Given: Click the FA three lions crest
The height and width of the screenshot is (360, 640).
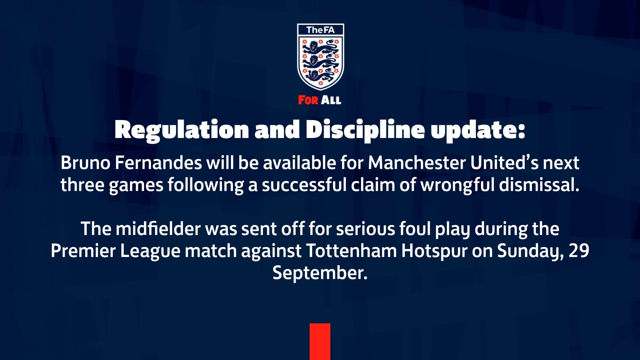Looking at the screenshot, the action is [x=320, y=57].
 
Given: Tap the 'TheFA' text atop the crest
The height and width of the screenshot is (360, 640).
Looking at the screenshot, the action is [x=320, y=30].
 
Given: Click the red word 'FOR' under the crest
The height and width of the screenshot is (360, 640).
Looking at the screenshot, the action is [x=308, y=100].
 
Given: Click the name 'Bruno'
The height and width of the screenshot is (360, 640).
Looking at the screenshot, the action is [x=85, y=163].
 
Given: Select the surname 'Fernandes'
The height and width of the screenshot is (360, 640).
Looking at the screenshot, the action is [x=158, y=163].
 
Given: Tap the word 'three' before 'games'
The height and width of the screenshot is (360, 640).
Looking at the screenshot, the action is [x=82, y=185].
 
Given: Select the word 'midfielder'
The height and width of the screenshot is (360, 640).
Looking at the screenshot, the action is [x=158, y=229].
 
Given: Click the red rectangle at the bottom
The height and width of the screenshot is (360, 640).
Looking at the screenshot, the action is [x=320, y=342].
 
